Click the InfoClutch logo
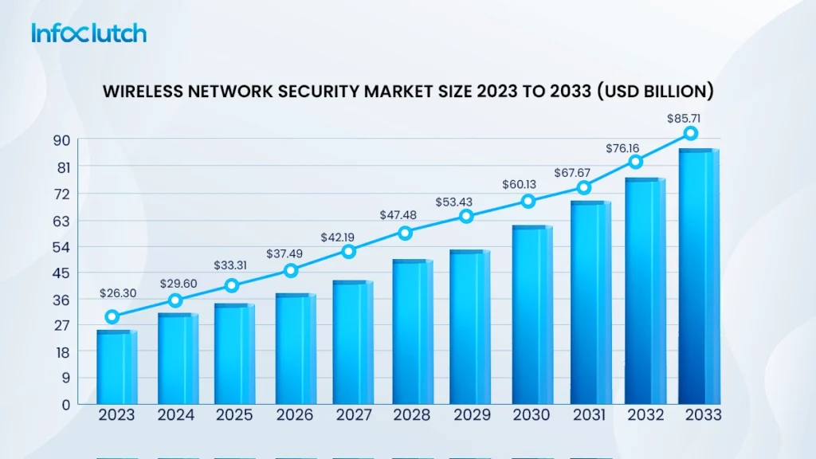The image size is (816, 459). point(88,33)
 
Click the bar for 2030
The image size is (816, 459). point(532,315)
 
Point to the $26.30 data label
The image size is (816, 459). point(118,293)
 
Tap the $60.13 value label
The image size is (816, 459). point(520,184)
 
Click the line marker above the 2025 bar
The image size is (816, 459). point(231,285)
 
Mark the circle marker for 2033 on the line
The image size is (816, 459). point(691,133)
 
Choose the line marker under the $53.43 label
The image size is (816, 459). point(466,216)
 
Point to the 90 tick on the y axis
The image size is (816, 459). point(61,141)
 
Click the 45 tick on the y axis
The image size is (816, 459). point(61,273)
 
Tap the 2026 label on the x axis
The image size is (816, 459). point(295,416)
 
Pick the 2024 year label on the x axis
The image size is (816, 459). point(176,416)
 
